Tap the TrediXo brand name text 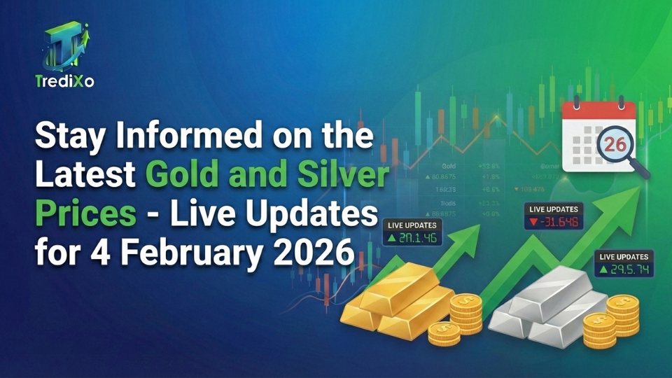pyautogui.click(x=64, y=81)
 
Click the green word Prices pyautogui.click(x=85, y=213)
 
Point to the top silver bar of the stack pyautogui.click(x=552, y=288)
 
